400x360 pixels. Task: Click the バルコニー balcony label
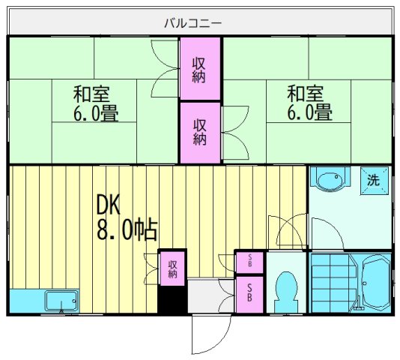click(193, 23)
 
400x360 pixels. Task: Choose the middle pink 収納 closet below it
click(199, 132)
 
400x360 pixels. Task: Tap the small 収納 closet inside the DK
click(172, 268)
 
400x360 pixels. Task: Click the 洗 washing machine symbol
click(372, 180)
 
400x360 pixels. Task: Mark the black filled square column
click(172, 301)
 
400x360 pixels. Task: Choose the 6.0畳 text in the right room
click(309, 114)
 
